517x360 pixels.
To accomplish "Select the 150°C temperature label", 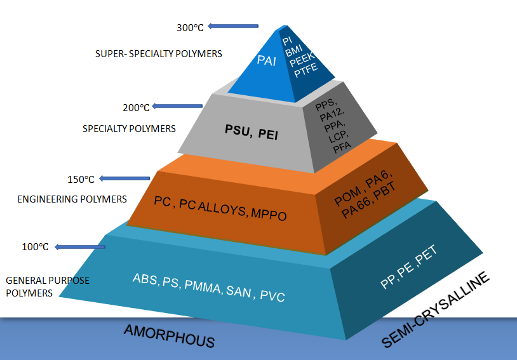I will point(81,178).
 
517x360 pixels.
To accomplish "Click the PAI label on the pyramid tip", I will point(267,62).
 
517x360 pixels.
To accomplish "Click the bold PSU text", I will point(237,132).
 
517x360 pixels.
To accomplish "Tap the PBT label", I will point(382,194).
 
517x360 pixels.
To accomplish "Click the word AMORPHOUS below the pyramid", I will point(170,337).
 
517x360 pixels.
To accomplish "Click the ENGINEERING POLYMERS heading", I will point(72,199).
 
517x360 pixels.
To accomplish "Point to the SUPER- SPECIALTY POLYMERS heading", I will point(158,54).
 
